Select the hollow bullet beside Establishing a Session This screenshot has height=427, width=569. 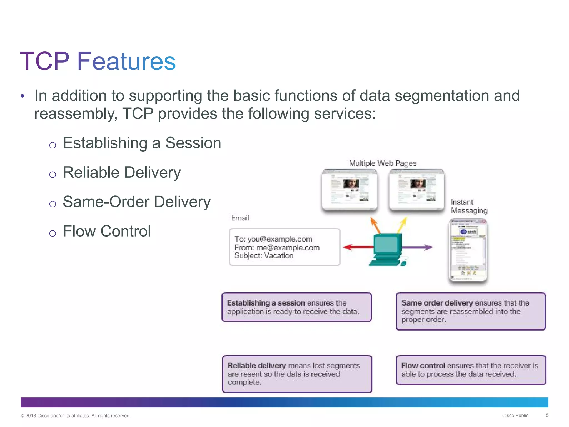53,145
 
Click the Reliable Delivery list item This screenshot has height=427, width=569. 122,172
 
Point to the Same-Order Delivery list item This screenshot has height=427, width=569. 136,202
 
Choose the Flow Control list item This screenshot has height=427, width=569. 107,231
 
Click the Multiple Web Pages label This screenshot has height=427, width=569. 383,163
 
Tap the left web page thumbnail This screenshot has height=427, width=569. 350,190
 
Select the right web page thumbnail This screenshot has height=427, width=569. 416,190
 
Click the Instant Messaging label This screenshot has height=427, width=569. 469,206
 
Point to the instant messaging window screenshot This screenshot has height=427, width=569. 468,250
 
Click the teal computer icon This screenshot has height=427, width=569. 387,250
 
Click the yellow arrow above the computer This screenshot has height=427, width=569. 402,225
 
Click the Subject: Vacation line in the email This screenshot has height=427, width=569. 264,256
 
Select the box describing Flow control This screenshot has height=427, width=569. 471,370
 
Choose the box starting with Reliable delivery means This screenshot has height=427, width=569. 297,374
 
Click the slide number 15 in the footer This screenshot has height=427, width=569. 546,415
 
